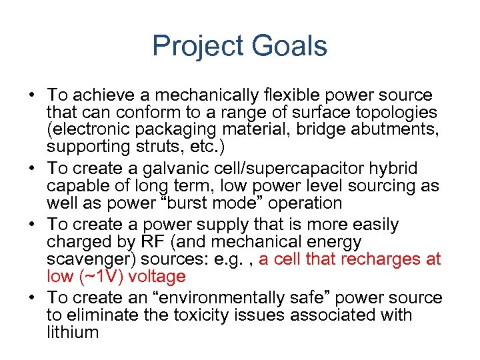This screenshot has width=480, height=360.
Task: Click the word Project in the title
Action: [197, 46]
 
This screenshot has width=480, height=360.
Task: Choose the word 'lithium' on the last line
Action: [73, 332]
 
